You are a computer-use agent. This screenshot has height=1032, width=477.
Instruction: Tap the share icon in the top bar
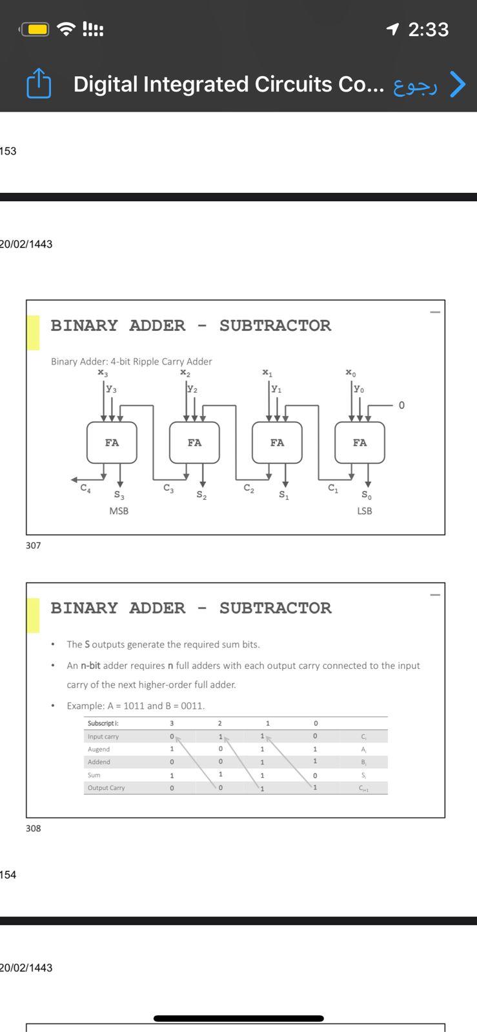[39, 84]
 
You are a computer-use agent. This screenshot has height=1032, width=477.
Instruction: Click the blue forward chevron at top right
[457, 84]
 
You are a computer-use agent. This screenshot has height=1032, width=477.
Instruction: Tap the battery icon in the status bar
[35, 29]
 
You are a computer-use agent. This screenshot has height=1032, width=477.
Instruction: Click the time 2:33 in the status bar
[428, 29]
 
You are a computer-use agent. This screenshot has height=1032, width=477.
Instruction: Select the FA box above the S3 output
[112, 442]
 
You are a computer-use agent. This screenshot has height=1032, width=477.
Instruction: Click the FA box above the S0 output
[360, 442]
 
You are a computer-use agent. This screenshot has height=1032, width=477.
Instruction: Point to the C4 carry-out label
[85, 489]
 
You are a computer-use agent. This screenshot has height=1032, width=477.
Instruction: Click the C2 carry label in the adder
[249, 489]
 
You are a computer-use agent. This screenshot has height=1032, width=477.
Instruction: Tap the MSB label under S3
[119, 511]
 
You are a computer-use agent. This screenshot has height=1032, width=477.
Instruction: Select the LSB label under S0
[365, 511]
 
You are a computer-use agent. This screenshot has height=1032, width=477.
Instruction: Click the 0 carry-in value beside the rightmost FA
[401, 405]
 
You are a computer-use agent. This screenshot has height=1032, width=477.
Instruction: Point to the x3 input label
[103, 373]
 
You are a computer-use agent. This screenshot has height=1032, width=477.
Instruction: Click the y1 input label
[276, 389]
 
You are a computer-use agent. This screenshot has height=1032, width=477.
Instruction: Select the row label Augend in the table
[99, 749]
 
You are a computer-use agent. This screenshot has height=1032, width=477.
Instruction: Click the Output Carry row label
[107, 788]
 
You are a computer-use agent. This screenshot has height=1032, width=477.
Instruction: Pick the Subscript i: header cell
[103, 724]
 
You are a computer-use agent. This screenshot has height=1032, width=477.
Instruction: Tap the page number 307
[34, 546]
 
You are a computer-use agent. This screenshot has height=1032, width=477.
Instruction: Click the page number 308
[34, 828]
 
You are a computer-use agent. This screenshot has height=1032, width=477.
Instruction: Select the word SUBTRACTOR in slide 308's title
[275, 608]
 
